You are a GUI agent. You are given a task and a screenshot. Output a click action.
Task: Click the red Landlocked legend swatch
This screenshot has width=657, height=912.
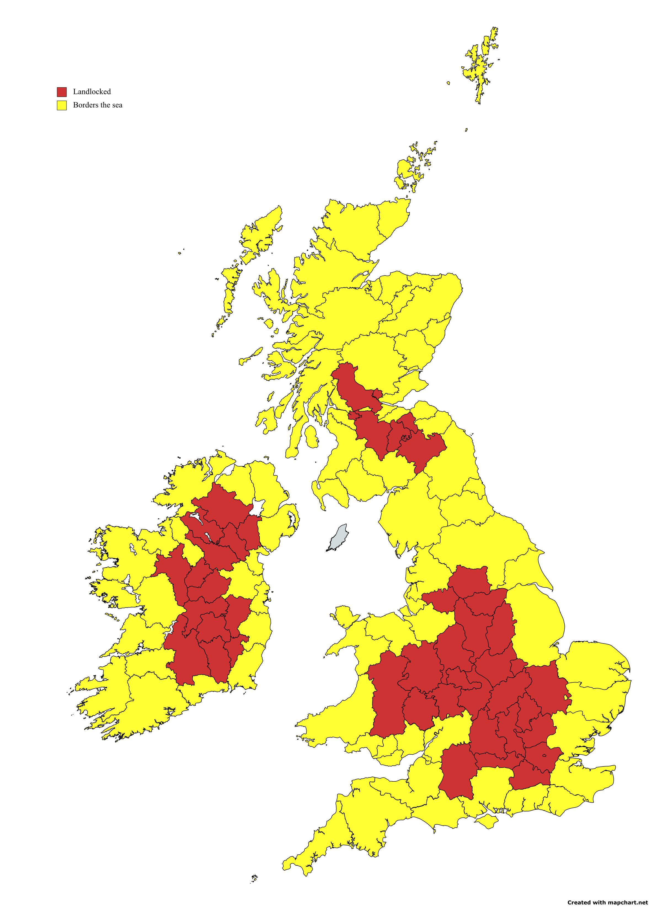tap(62, 92)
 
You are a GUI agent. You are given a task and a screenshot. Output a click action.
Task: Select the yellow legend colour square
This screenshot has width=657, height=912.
tap(62, 105)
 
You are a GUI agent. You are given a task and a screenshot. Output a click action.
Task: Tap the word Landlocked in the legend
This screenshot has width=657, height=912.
tap(92, 92)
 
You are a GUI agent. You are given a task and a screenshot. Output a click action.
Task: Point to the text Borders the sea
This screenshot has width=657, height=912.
tap(97, 105)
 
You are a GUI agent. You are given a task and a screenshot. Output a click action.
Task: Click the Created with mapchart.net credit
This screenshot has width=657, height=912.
tap(608, 902)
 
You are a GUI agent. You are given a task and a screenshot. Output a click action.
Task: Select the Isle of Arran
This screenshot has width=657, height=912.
tap(310, 436)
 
